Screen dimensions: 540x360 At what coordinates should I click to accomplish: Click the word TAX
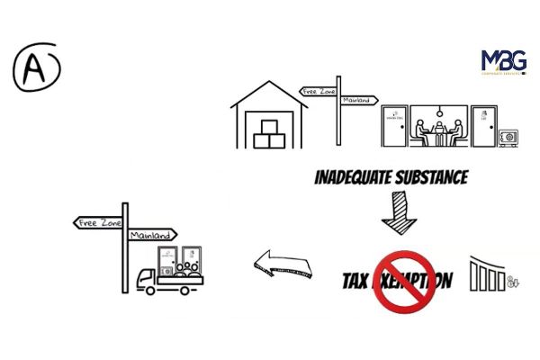click(x=356, y=281)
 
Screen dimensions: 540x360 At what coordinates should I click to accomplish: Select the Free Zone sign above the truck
click(x=98, y=221)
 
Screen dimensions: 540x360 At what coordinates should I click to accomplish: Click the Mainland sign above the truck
click(x=149, y=235)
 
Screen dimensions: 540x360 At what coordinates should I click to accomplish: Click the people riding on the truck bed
click(x=188, y=267)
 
